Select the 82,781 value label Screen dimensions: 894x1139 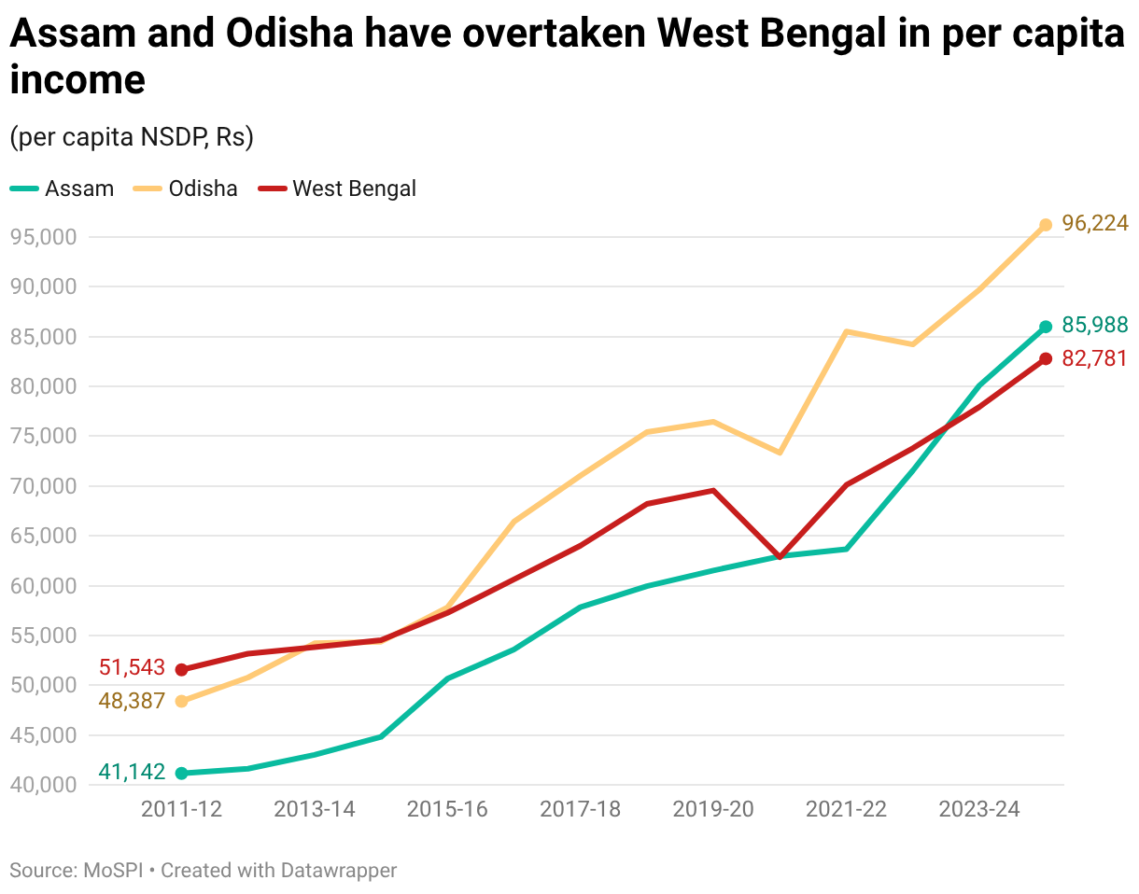coord(1094,358)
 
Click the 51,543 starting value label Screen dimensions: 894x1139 coord(132,668)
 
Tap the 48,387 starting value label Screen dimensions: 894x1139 coord(132,701)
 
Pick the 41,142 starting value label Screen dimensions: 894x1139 coord(132,772)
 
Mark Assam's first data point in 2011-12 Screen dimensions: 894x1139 coord(181,773)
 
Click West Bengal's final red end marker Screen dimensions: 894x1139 coord(1046,359)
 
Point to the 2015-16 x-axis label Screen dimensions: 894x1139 coord(447,809)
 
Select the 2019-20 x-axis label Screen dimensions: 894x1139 coord(713,809)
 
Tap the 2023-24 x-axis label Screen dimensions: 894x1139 coord(979,809)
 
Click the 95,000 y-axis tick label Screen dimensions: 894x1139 coord(43,237)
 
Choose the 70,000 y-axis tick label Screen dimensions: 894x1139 coord(43,486)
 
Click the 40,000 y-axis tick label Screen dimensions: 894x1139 coord(43,785)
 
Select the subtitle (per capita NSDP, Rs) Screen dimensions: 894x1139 coord(132,137)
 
